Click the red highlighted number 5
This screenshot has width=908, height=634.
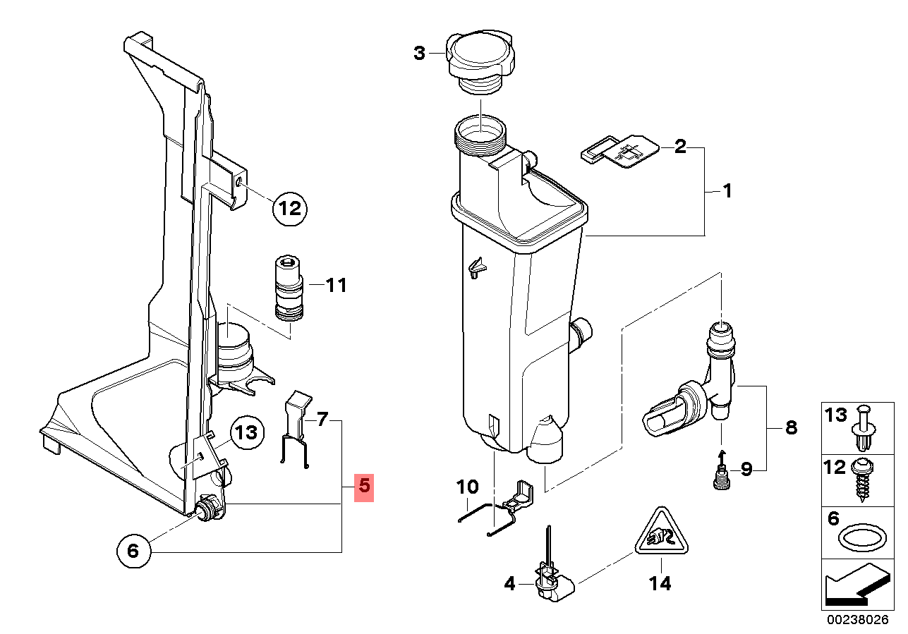363,486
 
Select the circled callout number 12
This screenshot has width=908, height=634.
289,208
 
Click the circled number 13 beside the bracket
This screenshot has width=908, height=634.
245,432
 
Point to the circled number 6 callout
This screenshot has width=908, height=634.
133,551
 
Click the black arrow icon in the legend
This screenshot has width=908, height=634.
853,588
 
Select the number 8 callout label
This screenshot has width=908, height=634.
791,427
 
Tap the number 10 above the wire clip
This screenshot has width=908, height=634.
467,487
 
